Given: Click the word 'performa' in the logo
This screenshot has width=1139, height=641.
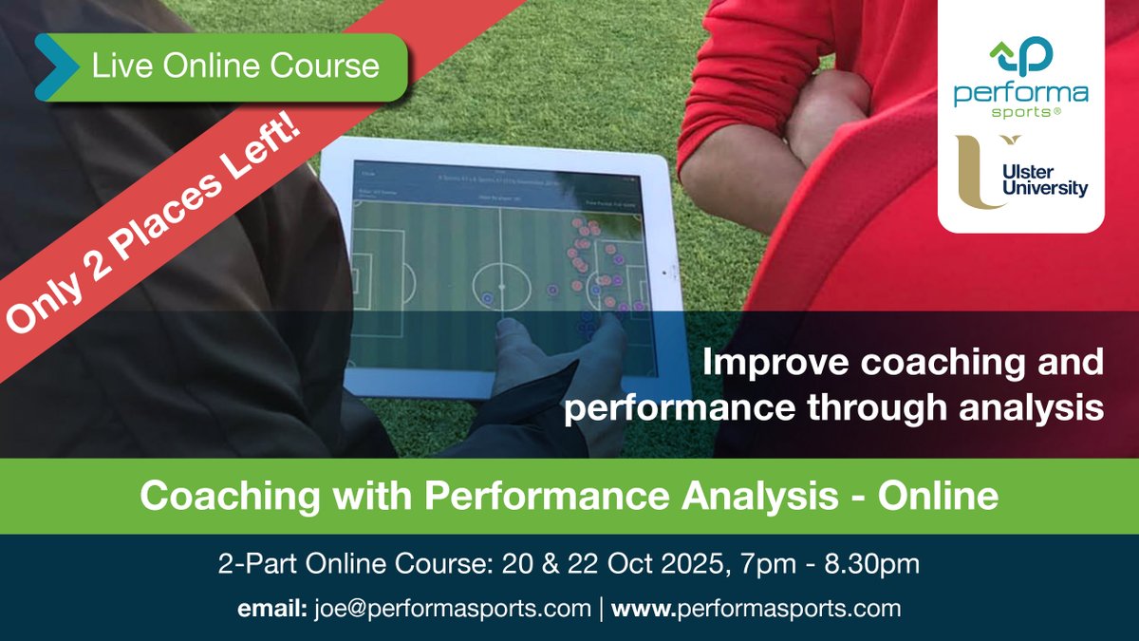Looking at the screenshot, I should (1020, 94).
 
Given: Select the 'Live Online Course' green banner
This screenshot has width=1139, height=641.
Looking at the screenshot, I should (233, 66).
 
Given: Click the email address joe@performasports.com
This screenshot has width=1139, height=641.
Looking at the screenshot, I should (451, 608).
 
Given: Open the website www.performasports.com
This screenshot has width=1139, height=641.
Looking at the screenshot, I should (756, 608).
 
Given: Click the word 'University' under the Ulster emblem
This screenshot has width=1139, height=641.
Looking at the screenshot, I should (1049, 189).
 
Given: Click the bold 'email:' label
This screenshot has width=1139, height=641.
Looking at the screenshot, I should (268, 608).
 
